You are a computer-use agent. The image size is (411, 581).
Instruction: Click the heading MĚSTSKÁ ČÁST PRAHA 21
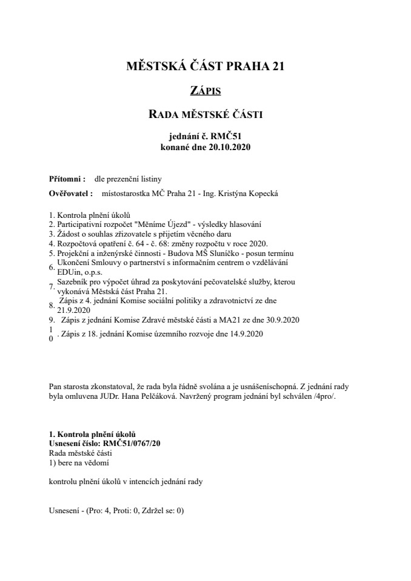coord(205,67)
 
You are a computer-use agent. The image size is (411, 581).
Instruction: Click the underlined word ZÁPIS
coord(205,91)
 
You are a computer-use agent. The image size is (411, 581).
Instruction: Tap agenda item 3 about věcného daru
coord(145,234)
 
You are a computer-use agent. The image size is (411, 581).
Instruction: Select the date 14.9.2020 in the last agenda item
coord(256,333)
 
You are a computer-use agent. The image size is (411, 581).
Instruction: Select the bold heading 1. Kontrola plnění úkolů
coord(92,435)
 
